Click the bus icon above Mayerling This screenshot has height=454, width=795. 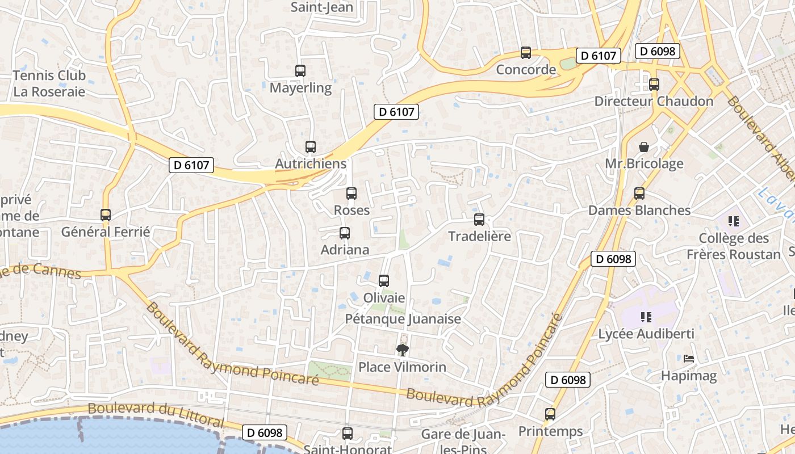click(300, 71)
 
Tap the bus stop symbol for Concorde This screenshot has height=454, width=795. click(526, 53)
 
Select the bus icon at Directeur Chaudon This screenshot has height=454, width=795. click(654, 85)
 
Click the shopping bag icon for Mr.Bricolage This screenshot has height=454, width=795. click(644, 147)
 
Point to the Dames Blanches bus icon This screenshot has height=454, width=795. click(639, 194)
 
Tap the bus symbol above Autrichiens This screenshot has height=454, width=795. click(311, 147)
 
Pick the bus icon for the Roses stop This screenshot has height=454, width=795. click(352, 194)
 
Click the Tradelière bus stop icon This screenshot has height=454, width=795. click(479, 220)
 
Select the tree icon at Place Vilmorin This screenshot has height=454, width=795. click(403, 350)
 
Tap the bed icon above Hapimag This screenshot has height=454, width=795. click(689, 359)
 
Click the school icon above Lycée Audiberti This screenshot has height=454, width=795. click(646, 317)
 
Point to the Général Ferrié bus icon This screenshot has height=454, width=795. click(106, 215)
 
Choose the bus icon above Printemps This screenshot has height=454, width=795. click(550, 414)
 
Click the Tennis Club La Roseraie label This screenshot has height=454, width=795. click(49, 83)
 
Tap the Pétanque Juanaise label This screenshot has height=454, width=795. click(403, 319)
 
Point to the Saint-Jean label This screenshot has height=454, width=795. click(322, 7)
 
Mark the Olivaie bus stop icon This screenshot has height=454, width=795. click(384, 281)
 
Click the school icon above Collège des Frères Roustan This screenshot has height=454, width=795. click(734, 221)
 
